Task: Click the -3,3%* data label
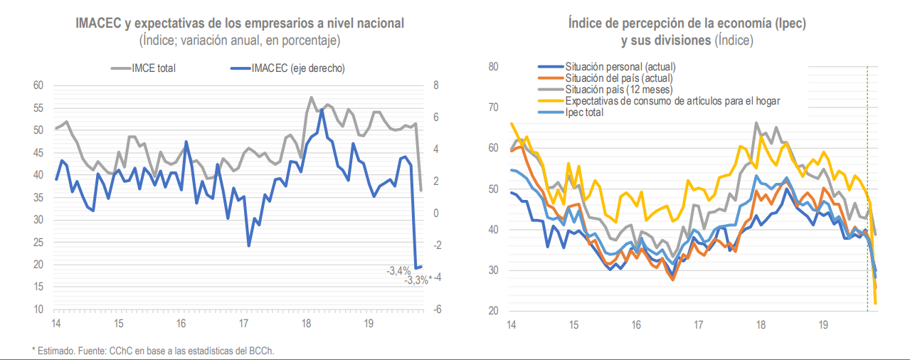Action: click(x=418, y=280)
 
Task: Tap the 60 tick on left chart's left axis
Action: click(x=38, y=85)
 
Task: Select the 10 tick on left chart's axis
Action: click(x=38, y=309)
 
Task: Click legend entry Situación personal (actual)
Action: click(x=619, y=68)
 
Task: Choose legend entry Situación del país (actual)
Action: click(x=618, y=78)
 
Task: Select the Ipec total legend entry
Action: click(x=584, y=112)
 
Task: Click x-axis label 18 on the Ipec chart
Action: click(x=760, y=325)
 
